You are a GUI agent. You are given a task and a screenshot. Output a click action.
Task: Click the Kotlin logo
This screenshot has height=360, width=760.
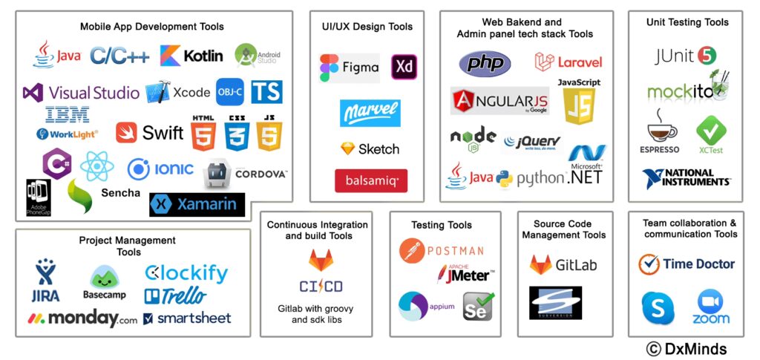(x=191, y=56)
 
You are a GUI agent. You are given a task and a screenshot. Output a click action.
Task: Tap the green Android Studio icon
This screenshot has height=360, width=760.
(x=247, y=56)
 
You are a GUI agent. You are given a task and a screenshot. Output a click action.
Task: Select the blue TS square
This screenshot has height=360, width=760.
(x=266, y=92)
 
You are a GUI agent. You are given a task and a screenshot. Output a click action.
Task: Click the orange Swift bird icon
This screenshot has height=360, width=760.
(x=127, y=133)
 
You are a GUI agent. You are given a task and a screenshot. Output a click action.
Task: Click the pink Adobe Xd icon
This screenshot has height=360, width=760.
(x=404, y=68)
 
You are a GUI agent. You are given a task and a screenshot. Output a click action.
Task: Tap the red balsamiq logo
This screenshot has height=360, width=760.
(x=370, y=180)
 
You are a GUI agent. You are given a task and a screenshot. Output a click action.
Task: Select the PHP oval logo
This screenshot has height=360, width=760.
(x=485, y=63)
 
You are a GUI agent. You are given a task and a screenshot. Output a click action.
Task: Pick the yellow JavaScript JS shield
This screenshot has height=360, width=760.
(x=579, y=106)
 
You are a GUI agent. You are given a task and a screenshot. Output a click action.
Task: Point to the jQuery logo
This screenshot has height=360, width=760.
(x=531, y=141)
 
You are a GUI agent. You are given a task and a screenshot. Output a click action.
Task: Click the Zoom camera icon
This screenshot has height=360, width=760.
(x=710, y=304)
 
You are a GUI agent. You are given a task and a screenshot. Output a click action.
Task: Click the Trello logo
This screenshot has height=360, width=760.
(x=175, y=296)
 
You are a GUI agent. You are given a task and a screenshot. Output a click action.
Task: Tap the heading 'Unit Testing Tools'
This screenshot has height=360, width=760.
(x=687, y=22)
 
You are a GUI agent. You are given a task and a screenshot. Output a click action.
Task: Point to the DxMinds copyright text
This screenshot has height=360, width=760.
(x=686, y=349)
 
